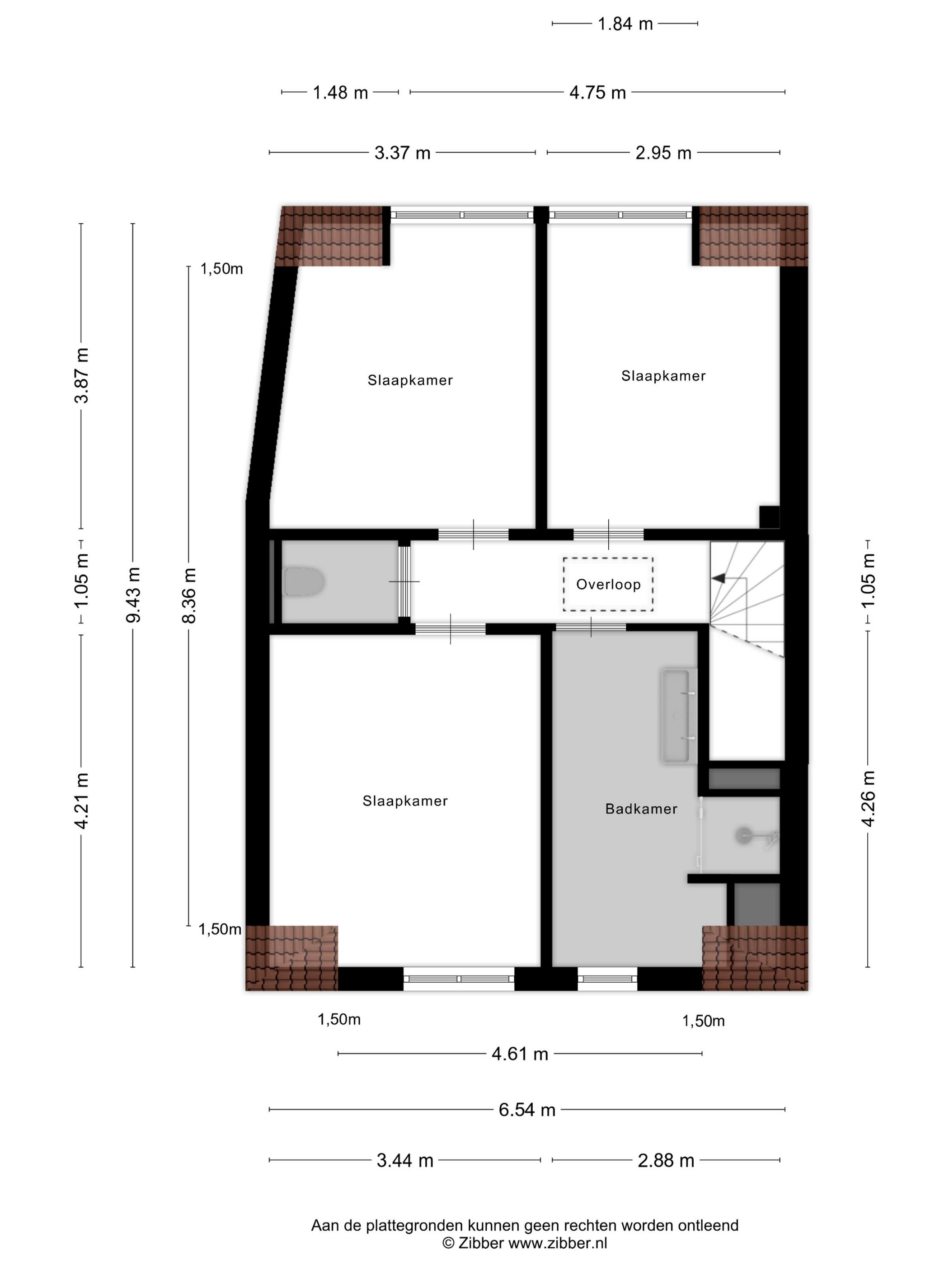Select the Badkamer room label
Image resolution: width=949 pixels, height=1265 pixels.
[x=641, y=809]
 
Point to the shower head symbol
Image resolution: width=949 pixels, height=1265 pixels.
[x=744, y=835]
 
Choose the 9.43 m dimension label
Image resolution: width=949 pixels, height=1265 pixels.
[x=133, y=595]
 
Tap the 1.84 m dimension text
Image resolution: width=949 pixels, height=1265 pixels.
[x=625, y=24]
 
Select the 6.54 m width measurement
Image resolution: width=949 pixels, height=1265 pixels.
[x=527, y=1110]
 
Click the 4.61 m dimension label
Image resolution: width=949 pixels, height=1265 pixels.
[x=520, y=1054]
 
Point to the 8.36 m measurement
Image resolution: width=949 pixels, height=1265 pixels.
[x=189, y=595]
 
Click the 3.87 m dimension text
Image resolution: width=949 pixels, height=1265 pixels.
[x=81, y=375]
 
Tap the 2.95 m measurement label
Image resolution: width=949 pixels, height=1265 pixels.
[x=663, y=153]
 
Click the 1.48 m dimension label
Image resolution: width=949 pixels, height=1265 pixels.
[x=340, y=93]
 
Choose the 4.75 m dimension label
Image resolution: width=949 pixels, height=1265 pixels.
[x=598, y=93]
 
